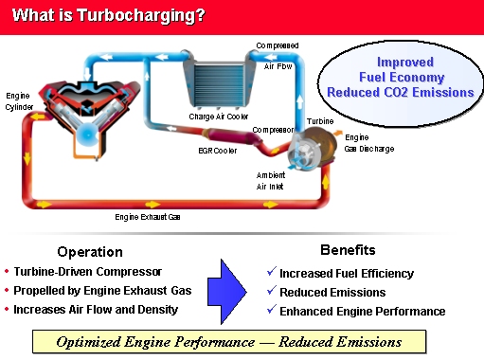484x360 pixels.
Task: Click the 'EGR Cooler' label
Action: (x=217, y=150)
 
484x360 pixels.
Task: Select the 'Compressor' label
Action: (x=272, y=131)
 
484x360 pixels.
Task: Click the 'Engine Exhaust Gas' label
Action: (x=147, y=218)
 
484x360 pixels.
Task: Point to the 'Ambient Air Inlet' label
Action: (x=270, y=180)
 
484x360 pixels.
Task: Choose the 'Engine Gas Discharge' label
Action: (x=363, y=143)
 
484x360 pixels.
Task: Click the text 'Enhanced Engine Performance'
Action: (x=363, y=311)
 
